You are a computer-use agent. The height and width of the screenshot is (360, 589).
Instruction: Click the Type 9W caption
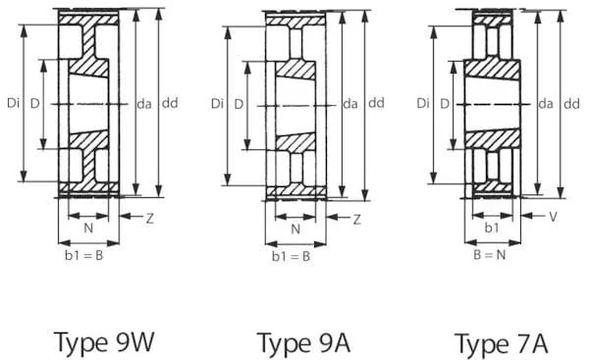(104, 342)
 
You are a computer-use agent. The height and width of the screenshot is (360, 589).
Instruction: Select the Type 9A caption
(303, 343)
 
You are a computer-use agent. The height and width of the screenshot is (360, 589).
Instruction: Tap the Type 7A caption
(501, 343)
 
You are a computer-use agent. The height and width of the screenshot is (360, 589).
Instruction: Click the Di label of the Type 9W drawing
(13, 102)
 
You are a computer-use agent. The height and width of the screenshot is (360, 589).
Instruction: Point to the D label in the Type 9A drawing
(239, 104)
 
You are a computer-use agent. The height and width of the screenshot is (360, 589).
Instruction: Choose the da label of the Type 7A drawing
(546, 103)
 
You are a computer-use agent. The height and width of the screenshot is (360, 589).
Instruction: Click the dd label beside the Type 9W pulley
(170, 102)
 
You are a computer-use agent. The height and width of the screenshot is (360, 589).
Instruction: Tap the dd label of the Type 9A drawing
(376, 102)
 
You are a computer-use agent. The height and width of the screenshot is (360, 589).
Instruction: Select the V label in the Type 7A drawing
(553, 217)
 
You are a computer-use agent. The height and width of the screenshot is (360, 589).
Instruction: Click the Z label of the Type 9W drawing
(150, 218)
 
